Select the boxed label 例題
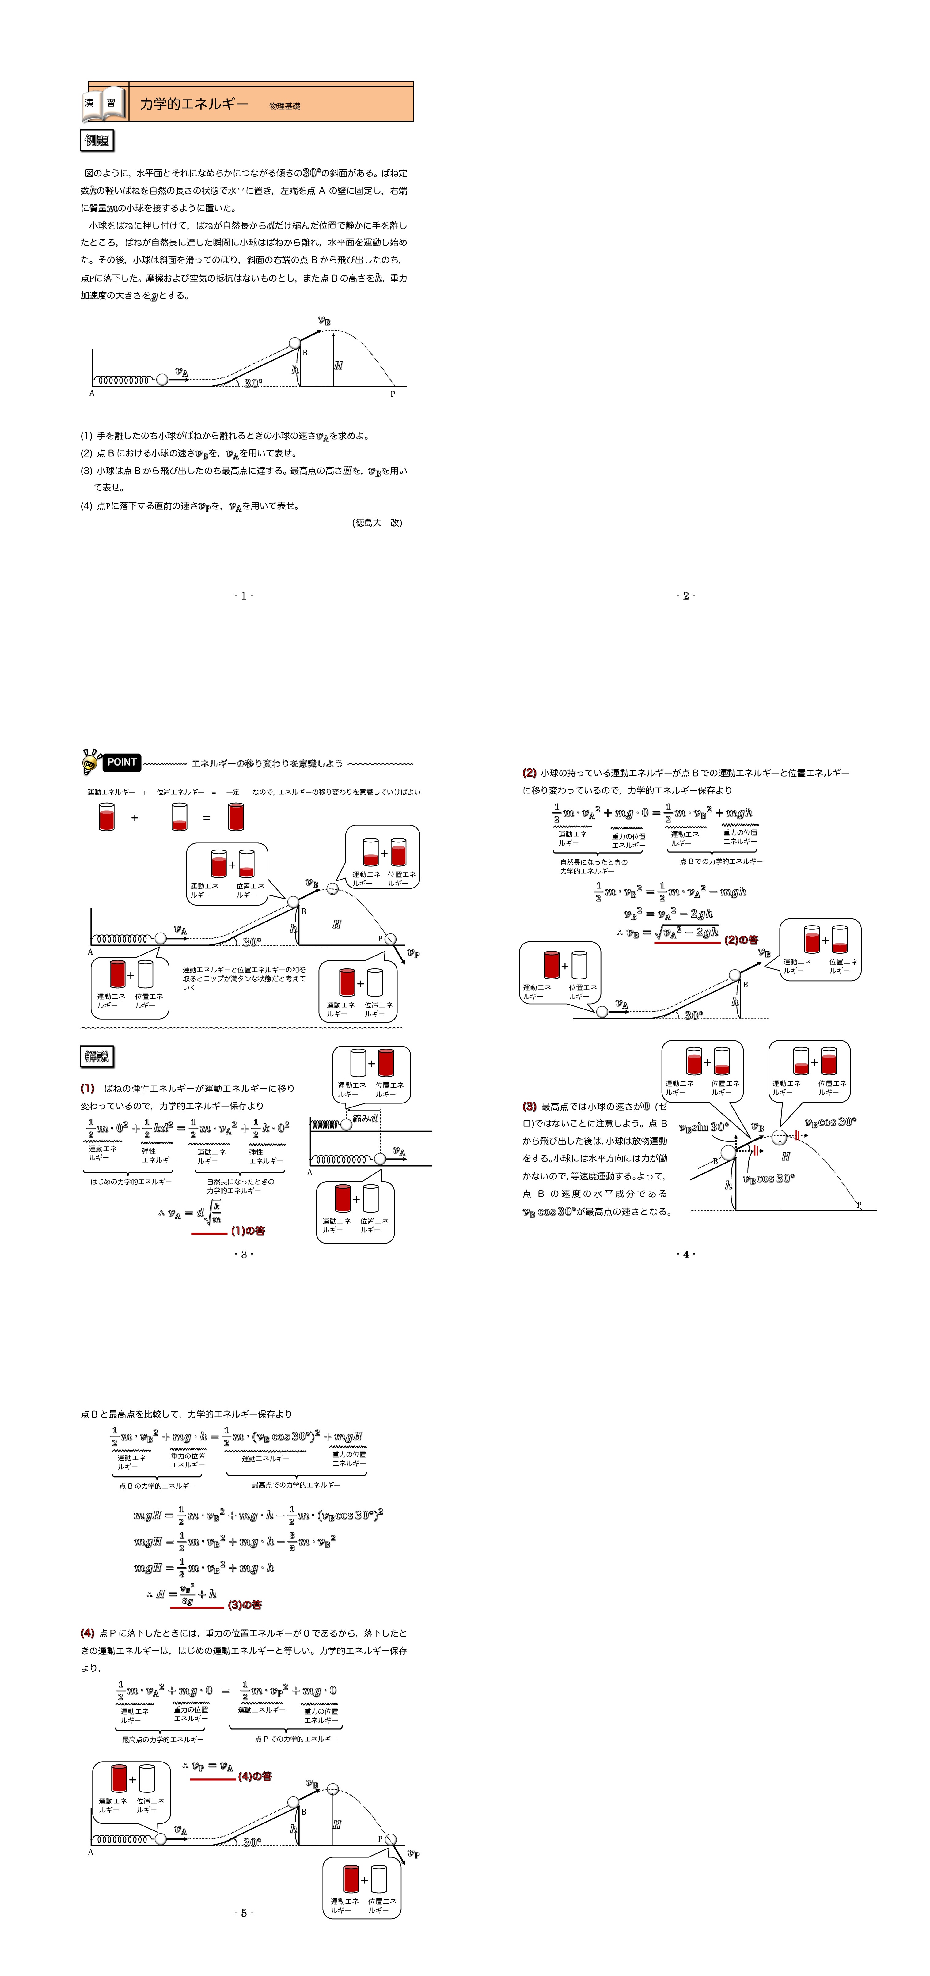pyautogui.click(x=97, y=140)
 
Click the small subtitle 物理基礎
pyautogui.click(x=285, y=106)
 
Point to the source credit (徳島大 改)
pyautogui.click(x=377, y=523)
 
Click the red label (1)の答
pyautogui.click(x=248, y=1230)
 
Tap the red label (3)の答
pyautogui.click(x=245, y=1605)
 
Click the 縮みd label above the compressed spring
pyautogui.click(x=365, y=1119)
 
